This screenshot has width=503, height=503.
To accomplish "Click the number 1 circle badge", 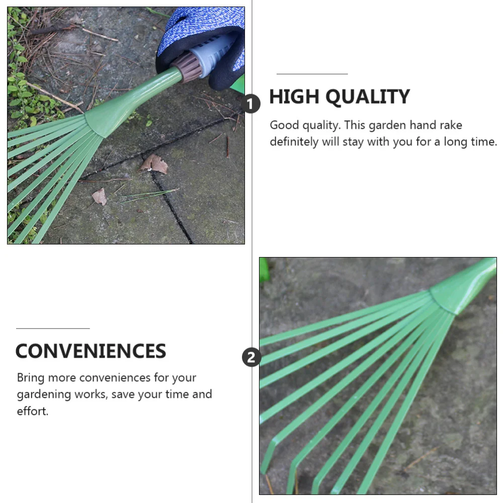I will [250, 105].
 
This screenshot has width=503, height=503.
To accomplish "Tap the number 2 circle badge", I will [251, 358].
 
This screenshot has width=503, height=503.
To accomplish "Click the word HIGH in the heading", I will [292, 97].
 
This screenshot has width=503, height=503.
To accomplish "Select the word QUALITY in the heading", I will [364, 97].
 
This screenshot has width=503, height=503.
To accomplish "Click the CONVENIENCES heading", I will [91, 351].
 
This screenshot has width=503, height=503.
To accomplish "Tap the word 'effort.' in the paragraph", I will [33, 411].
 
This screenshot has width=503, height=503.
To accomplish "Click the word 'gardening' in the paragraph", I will [44, 394].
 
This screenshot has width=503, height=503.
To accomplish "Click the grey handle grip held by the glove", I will [214, 53].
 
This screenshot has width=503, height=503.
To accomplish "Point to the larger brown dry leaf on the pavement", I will [154, 164].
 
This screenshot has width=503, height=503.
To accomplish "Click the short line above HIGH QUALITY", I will [312, 74].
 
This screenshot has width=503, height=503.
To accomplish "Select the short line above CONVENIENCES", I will [53, 328].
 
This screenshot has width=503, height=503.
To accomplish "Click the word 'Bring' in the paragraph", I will [31, 378].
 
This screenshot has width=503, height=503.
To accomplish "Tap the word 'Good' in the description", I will [284, 125].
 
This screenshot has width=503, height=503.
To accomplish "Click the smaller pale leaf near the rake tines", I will [99, 197].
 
